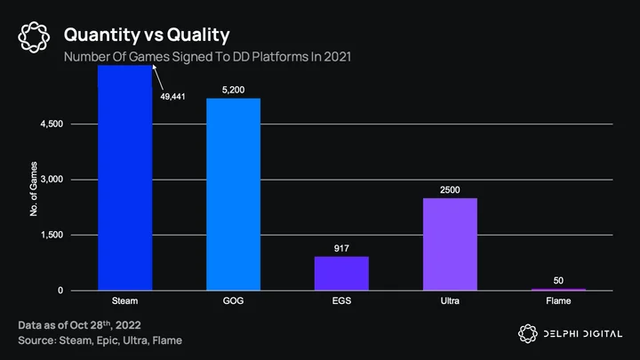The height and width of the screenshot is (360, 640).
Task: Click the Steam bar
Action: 125,178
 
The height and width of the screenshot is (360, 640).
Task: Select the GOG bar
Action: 234,195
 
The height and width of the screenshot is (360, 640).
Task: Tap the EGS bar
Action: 341,274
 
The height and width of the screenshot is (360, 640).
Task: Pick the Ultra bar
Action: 450,244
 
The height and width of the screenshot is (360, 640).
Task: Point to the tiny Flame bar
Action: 558,290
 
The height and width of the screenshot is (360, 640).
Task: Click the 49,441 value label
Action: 172,97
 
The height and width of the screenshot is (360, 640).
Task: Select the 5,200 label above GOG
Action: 234,90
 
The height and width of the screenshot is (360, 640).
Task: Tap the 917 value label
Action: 341,248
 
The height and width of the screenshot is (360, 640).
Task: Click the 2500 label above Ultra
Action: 450,190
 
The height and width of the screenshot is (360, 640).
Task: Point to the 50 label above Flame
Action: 558,280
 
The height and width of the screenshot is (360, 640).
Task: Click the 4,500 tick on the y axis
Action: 52,124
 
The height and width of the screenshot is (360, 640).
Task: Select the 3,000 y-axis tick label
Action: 52,180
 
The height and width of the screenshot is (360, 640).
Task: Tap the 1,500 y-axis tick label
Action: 52,235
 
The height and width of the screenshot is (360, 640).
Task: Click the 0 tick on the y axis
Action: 60,290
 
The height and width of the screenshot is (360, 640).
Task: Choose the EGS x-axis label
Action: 341,300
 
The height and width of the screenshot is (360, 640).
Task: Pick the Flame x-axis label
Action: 558,300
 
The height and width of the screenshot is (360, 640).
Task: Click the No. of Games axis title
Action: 34,188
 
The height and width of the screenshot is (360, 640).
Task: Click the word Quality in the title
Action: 198,35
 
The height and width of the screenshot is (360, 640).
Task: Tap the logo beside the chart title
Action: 34,37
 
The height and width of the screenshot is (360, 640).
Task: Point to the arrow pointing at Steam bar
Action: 158,77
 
